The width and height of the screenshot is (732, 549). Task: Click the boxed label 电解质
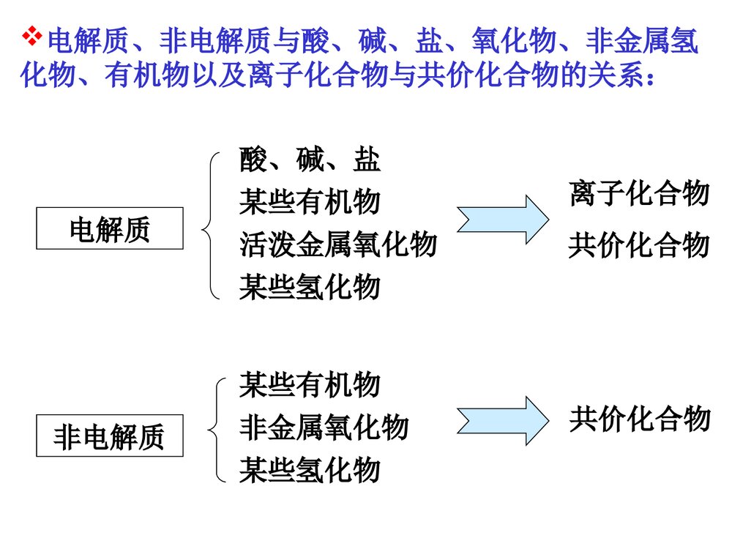coord(109,229)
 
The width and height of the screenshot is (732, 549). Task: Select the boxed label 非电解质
coord(109,437)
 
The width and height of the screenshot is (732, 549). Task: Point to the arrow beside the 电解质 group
coord(502,219)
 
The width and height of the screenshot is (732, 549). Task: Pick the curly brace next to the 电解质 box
coord(210,225)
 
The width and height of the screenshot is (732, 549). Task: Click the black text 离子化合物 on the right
coord(639,195)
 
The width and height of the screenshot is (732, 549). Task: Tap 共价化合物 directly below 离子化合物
coord(639,245)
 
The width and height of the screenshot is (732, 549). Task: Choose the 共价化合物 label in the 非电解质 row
coord(639,419)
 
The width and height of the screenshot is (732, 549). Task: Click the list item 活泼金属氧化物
coord(337,244)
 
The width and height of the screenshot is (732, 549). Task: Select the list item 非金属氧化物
coord(324,427)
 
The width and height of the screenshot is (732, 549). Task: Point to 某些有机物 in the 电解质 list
coord(310,202)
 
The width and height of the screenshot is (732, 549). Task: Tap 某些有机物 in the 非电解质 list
coord(310,384)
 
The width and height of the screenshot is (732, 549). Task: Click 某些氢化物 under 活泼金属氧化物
coord(310,287)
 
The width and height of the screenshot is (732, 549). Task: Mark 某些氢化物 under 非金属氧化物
coord(310,469)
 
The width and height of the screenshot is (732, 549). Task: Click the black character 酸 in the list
coord(253,160)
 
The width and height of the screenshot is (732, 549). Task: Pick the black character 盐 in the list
coord(367,160)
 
